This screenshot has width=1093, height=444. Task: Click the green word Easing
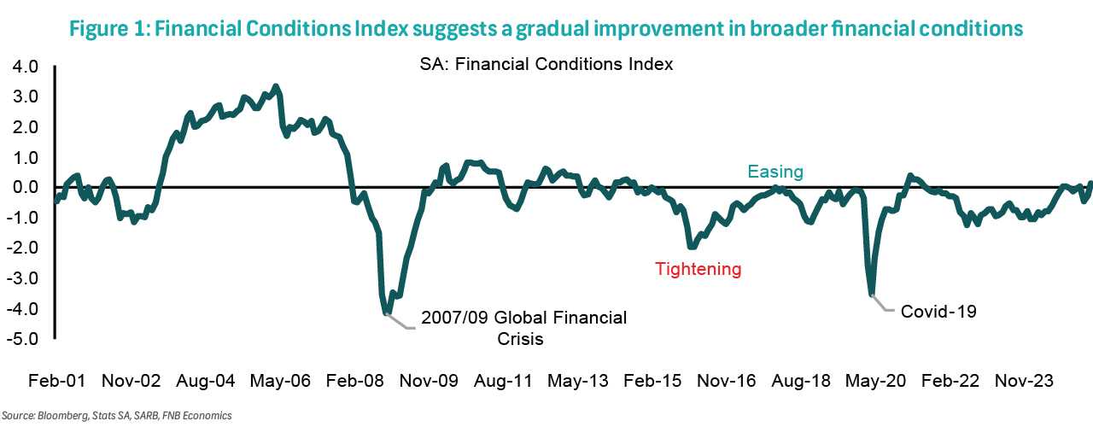(x=775, y=172)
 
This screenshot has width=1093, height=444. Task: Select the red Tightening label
(x=698, y=269)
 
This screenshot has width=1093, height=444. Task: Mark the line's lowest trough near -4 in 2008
(x=388, y=313)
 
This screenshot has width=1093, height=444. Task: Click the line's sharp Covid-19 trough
(x=872, y=295)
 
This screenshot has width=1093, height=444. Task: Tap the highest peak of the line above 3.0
(x=275, y=86)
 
